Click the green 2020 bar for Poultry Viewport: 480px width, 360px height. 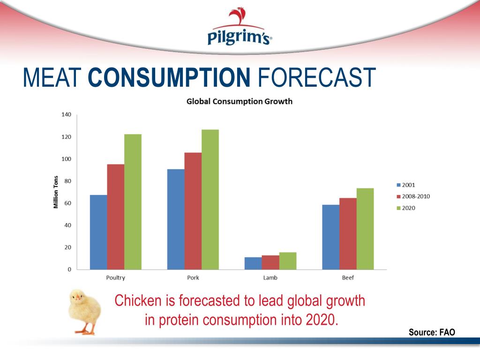point(133,202)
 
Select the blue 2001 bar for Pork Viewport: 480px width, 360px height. point(176,219)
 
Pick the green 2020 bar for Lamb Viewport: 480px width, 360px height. point(288,261)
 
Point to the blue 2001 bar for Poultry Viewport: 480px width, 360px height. point(98,232)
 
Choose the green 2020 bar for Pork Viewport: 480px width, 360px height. point(210,199)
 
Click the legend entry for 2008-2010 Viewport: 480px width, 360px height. point(413,196)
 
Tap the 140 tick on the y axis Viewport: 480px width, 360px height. point(66,115)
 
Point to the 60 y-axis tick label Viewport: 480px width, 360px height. point(67,203)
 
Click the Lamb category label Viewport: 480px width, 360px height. point(270,278)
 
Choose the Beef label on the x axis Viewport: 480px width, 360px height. point(348,278)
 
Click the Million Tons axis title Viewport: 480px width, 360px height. point(56,192)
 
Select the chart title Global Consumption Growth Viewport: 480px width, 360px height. point(240,101)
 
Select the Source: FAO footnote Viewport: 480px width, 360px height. point(431,332)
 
